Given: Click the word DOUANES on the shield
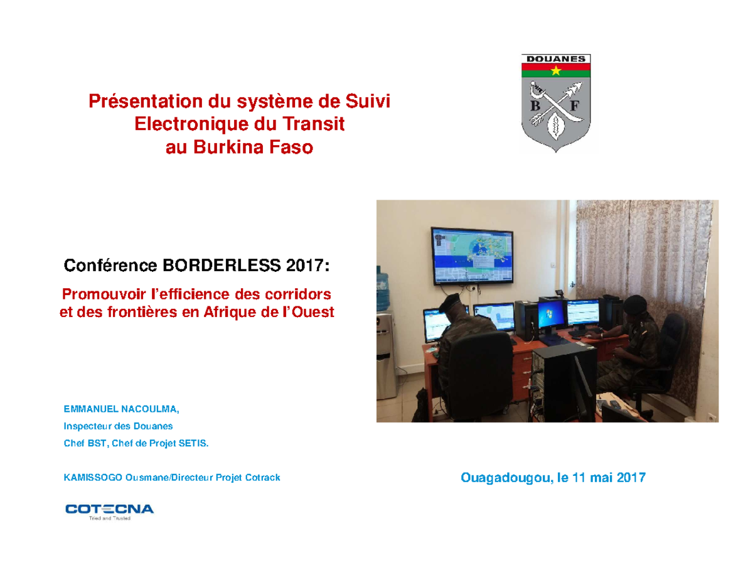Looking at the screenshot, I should pos(555,58).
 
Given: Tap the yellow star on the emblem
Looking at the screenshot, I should pos(555,70).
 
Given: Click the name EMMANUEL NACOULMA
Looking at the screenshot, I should pos(121,409).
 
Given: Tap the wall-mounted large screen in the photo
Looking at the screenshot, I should pos(473,256).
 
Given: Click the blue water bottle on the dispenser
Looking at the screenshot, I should pos(384,279).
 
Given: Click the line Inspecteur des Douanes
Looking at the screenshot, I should pos(118,426).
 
